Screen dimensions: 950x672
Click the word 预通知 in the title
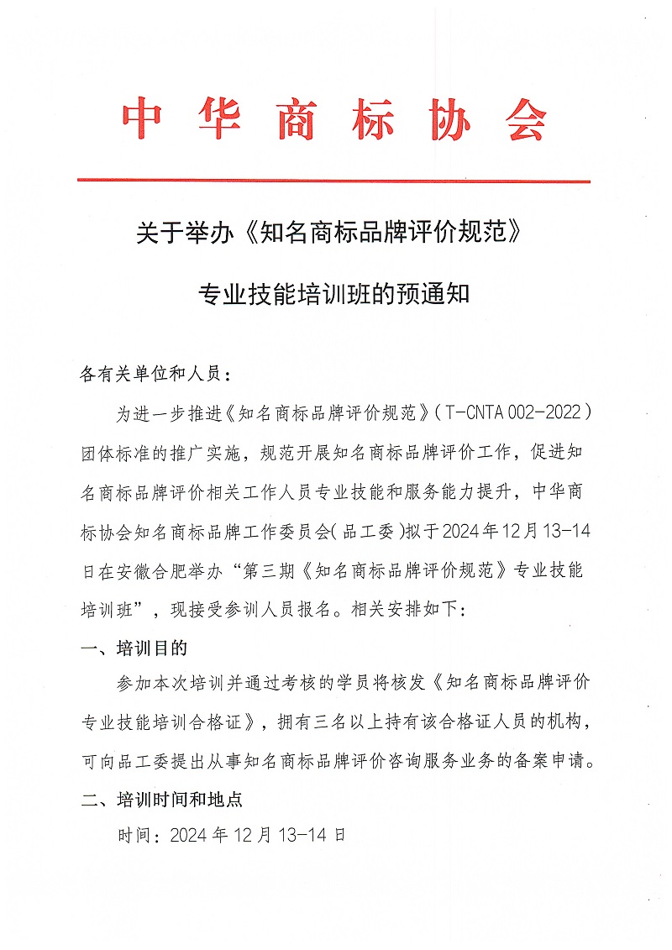tap(440, 295)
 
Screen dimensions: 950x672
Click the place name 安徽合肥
tap(169, 570)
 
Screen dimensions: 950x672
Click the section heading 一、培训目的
tap(134, 649)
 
